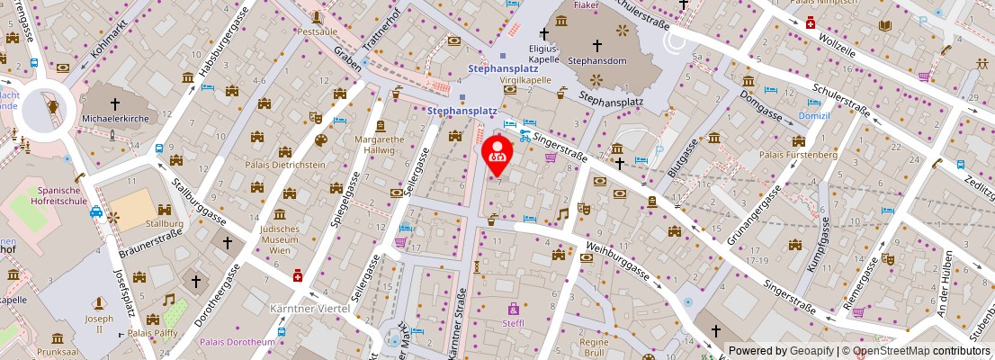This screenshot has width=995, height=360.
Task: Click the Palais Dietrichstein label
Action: (x=284, y=165)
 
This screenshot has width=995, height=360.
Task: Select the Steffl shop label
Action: (x=514, y=323)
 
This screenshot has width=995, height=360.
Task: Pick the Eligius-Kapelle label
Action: (x=543, y=53)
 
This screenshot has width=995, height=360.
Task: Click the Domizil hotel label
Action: (x=813, y=116)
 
